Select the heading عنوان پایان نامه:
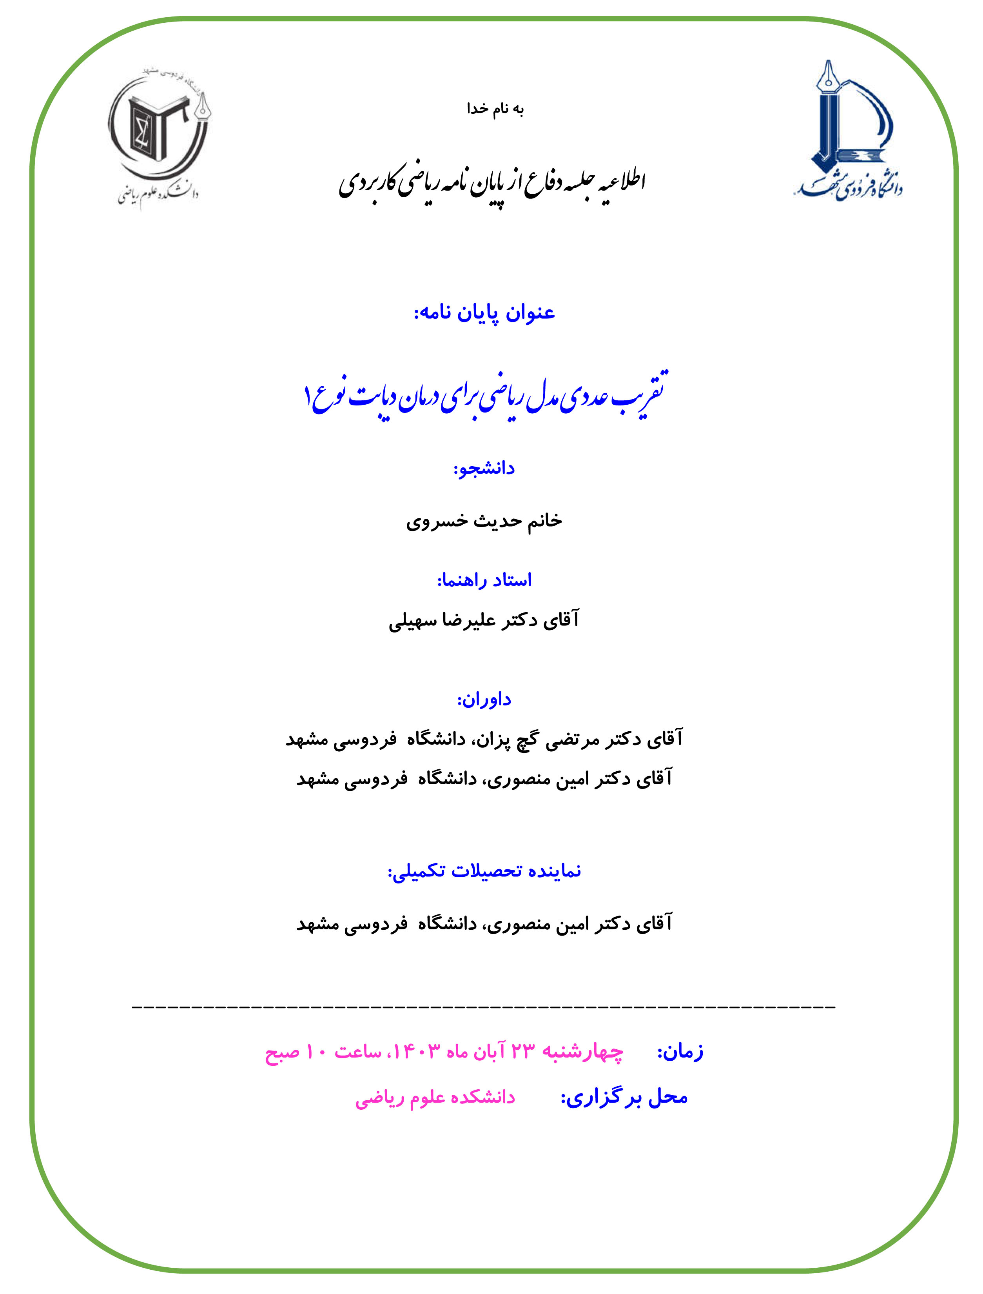coord(484,313)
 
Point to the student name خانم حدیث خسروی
coord(484,521)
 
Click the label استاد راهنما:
coord(484,580)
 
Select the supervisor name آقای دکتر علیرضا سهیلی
coord(484,620)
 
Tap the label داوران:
coord(484,700)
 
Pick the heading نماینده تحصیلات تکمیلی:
coord(484,871)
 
